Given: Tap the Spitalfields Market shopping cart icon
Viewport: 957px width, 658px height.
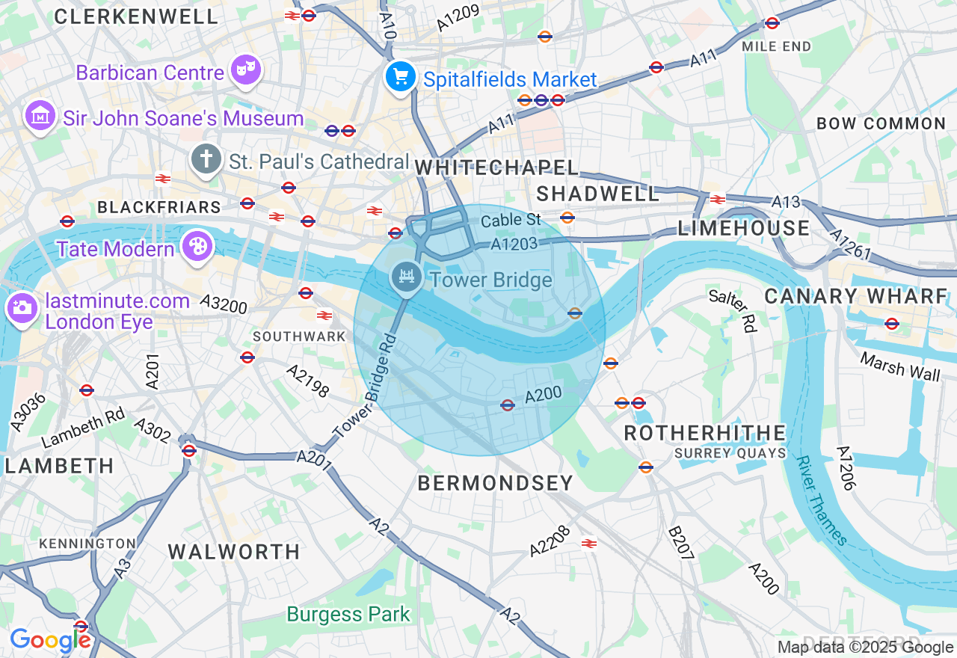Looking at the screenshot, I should click(x=401, y=76).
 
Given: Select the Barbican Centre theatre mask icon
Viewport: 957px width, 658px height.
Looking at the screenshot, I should click(x=245, y=70).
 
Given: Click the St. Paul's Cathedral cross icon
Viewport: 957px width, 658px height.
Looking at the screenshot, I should click(x=206, y=159).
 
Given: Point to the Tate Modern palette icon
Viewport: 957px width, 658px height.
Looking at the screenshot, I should click(x=198, y=247).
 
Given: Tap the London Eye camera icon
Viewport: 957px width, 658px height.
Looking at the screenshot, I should click(x=22, y=307).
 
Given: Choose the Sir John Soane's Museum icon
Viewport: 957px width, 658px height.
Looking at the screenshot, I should click(x=40, y=116).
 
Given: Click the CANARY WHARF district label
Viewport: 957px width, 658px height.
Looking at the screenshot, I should click(x=856, y=296).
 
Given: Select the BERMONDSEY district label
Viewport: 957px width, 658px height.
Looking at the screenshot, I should click(x=496, y=483).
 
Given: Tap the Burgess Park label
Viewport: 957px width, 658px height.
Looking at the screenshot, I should click(x=348, y=615).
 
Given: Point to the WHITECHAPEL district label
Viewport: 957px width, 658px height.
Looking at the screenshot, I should click(x=497, y=167).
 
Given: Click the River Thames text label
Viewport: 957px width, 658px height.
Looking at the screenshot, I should click(x=822, y=501).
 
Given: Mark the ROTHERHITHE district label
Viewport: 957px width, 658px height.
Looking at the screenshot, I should click(x=705, y=433).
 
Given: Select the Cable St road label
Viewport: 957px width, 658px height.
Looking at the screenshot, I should click(x=511, y=220).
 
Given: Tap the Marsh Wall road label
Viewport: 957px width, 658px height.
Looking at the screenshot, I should click(x=900, y=366).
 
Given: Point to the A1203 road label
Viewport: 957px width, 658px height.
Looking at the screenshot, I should click(x=514, y=244).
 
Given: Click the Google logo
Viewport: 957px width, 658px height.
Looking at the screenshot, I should click(x=50, y=640).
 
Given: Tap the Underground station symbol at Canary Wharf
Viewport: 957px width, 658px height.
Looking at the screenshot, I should click(x=891, y=324).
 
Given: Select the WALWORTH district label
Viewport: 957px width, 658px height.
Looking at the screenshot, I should click(x=234, y=552).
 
